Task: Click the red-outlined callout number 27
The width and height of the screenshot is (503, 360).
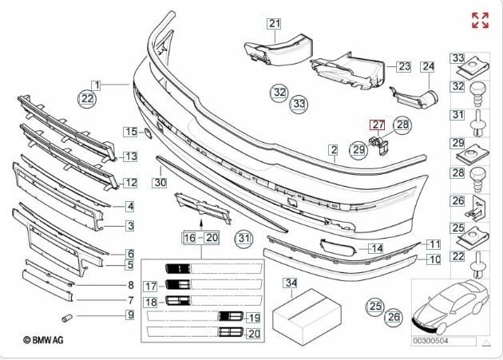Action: pos(376,125)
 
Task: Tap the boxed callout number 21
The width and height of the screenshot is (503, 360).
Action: pos(275,24)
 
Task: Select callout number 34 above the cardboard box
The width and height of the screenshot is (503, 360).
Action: pos(291,283)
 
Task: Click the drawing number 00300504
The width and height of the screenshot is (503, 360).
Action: pos(430,342)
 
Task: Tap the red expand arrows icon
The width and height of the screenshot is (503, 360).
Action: pos(480,21)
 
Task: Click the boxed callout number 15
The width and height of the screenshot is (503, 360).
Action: pos(130,131)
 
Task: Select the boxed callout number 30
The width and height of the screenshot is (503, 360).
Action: pos(160,183)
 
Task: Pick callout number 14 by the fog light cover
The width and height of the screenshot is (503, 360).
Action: pos(376,249)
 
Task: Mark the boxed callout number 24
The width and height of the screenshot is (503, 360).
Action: pos(428,66)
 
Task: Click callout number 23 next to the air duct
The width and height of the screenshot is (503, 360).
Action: pos(404,66)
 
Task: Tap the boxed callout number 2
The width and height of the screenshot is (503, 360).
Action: pos(333,149)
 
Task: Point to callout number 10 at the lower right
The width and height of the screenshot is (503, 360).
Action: pos(434,259)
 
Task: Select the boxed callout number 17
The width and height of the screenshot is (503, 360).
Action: pos(150,286)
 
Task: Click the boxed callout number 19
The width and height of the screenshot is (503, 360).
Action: pos(254,318)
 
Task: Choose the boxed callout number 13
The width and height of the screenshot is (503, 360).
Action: pos(129,156)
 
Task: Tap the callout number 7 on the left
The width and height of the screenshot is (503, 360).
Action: pos(129,301)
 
